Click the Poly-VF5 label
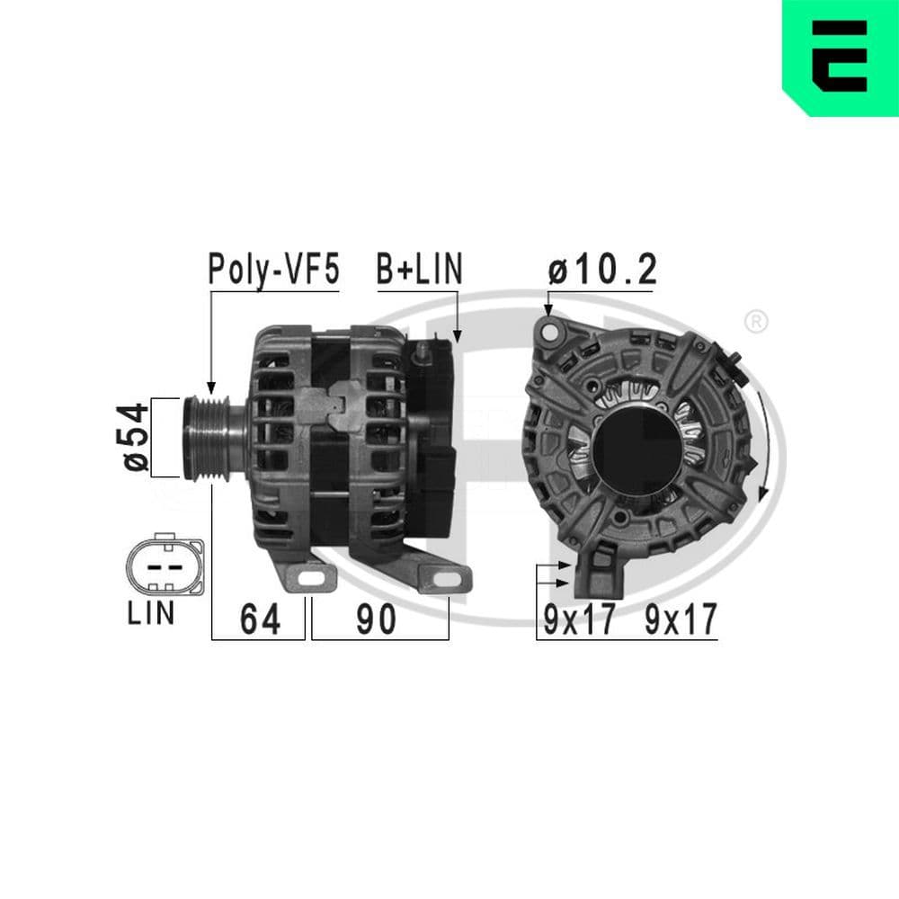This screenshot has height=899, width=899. coord(273,269)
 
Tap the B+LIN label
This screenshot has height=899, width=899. coord(418,269)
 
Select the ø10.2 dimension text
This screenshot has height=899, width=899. coord(602,269)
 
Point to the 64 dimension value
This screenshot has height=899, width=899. coord(259,619)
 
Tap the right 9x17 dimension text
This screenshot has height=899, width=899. coord(681,619)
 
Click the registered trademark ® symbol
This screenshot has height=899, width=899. coord(756,320)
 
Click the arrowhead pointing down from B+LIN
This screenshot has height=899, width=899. coord(458,336)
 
